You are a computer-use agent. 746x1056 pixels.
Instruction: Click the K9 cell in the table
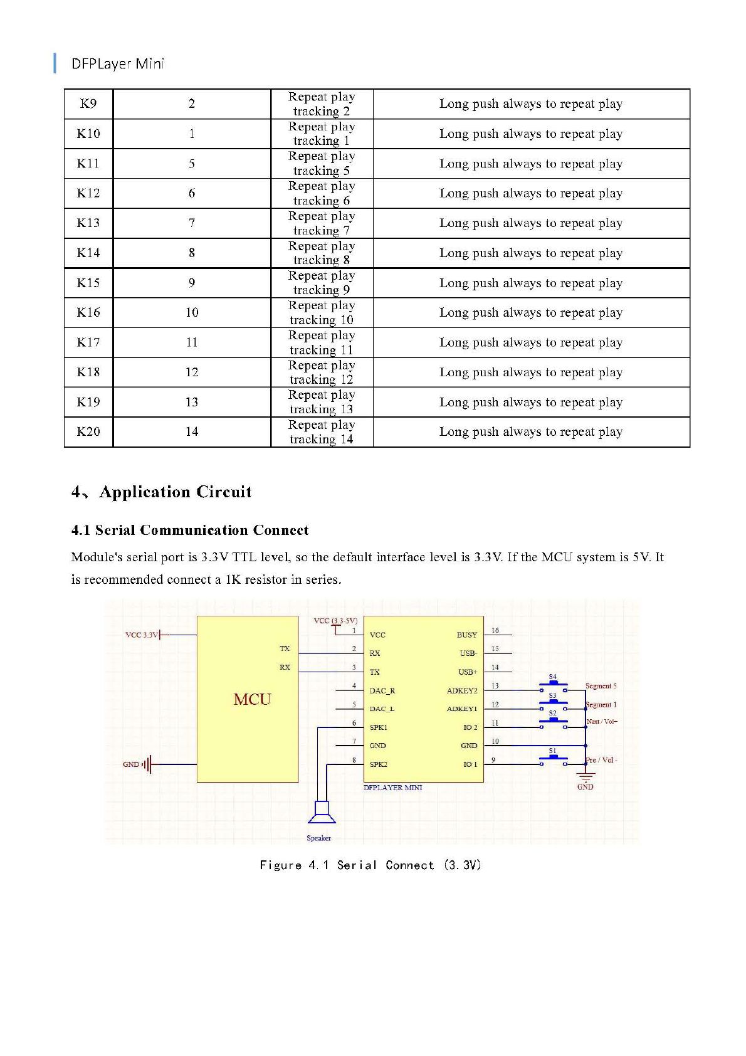point(88,103)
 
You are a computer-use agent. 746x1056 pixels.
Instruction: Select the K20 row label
point(88,431)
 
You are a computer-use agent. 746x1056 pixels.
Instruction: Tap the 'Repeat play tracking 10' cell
point(322,312)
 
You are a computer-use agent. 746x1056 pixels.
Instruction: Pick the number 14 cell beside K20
point(192,431)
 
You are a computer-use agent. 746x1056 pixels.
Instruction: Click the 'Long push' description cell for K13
point(530,223)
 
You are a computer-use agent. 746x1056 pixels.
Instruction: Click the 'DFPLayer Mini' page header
point(117,63)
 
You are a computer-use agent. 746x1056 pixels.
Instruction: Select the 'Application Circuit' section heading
point(175,492)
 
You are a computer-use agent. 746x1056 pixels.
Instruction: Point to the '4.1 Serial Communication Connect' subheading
point(190,530)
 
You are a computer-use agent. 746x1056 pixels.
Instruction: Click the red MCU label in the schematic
point(252,699)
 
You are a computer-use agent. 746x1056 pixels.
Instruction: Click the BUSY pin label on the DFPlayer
point(467,635)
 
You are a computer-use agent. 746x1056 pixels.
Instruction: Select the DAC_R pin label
point(382,690)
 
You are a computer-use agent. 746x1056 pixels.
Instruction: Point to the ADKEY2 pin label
point(462,690)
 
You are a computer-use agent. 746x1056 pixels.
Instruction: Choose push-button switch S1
point(553,759)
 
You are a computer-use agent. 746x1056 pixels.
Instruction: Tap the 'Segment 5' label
point(601,686)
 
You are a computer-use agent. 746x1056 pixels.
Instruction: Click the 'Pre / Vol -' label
point(601,760)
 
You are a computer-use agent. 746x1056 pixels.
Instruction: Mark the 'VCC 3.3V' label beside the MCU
point(142,635)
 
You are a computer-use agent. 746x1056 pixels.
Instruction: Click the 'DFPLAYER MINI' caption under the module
point(393,788)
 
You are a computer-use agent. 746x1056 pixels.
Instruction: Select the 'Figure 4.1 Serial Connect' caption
point(370,865)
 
